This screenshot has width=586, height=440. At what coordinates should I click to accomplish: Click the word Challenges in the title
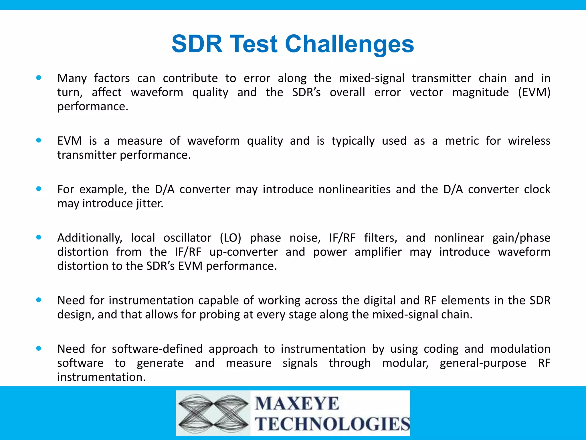[x=349, y=44]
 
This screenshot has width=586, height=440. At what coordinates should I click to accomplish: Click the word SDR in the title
[x=197, y=44]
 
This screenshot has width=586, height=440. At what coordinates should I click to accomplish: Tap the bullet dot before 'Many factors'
[x=39, y=78]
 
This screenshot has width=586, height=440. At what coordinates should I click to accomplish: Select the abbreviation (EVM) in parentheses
[x=534, y=92]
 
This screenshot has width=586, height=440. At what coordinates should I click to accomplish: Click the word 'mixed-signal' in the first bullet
[x=371, y=78]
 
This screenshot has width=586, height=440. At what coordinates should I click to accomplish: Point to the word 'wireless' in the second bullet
[x=529, y=141]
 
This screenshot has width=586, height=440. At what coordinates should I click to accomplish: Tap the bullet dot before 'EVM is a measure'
[x=39, y=140]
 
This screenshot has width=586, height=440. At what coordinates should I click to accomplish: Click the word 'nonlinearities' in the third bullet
[x=354, y=189]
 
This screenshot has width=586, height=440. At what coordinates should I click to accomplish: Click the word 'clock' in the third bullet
[x=537, y=189]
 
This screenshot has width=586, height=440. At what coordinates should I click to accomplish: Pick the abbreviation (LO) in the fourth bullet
[x=230, y=238]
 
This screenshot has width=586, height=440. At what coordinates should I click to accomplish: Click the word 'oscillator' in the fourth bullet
[x=187, y=238]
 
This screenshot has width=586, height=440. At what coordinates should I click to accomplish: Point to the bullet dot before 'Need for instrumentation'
[x=39, y=300]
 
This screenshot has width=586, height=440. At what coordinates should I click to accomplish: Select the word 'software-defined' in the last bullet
[x=157, y=349]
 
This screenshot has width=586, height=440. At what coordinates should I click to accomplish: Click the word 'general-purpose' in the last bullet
[x=483, y=363]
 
